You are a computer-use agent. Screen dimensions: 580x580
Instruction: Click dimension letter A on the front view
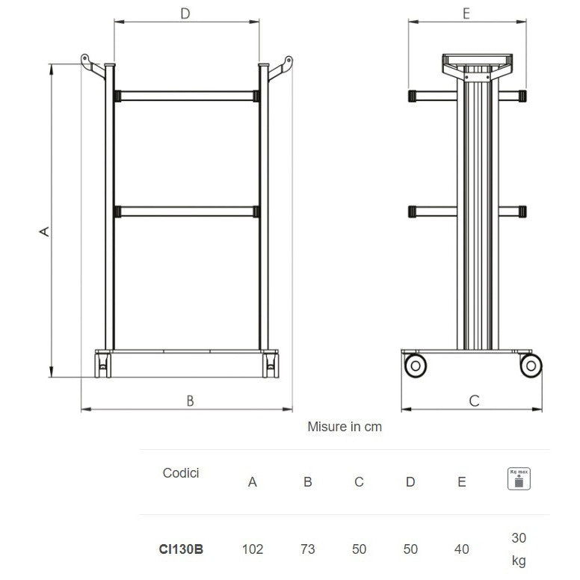pyautogui.click(x=45, y=231)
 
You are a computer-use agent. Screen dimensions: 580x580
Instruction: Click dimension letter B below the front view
pyautogui.click(x=190, y=401)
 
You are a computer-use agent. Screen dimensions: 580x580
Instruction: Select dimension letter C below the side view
pyautogui.click(x=474, y=401)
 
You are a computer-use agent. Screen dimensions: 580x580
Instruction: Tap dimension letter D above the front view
pyautogui.click(x=186, y=13)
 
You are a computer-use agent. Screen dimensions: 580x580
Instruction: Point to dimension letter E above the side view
pyautogui.click(x=466, y=13)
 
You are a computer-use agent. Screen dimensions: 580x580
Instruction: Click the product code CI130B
pyautogui.click(x=181, y=549)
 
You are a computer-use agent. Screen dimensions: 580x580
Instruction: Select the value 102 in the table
pyautogui.click(x=253, y=549)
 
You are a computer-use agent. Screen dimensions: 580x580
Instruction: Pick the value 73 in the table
pyautogui.click(x=307, y=549)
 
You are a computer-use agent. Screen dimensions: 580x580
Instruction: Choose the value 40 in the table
pyautogui.click(x=462, y=549)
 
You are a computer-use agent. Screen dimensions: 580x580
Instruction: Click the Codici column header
pyautogui.click(x=181, y=473)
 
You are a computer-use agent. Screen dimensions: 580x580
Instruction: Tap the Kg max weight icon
pyautogui.click(x=519, y=478)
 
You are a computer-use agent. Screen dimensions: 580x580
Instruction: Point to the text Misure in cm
pyautogui.click(x=345, y=427)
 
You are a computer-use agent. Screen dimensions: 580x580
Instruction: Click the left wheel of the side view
pyautogui.click(x=415, y=365)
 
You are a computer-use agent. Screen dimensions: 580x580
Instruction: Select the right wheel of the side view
pyautogui.click(x=530, y=365)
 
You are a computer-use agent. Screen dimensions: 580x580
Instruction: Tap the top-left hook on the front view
pyautogui.click(x=91, y=66)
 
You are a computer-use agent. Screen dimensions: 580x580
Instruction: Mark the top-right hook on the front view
pyautogui.click(x=281, y=66)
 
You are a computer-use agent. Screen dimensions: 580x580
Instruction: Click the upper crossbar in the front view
pyautogui.click(x=186, y=96)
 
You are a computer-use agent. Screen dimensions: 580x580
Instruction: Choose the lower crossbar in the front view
pyautogui.click(x=186, y=212)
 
